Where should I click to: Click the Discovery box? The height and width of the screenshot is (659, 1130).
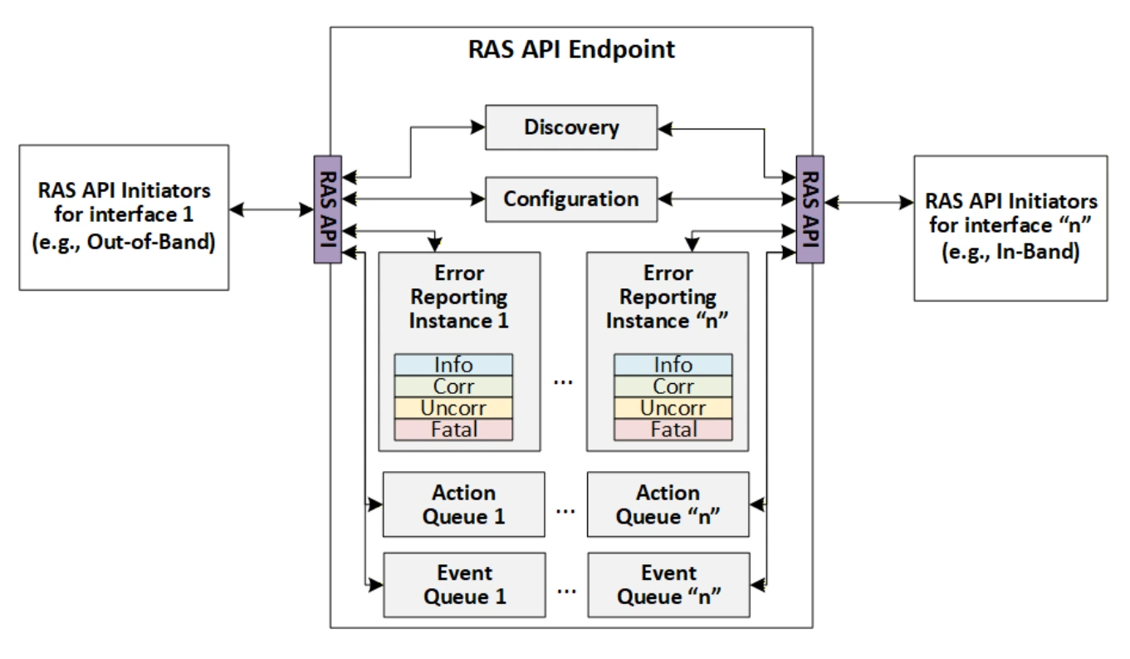(x=571, y=127)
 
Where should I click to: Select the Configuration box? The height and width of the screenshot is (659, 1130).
(x=571, y=199)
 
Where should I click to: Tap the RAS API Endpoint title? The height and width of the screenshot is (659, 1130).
(x=571, y=50)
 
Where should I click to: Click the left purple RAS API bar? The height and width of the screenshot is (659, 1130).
(x=328, y=209)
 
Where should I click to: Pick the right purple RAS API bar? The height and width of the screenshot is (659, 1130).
(x=810, y=209)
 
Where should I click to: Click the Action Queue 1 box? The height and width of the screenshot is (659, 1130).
(x=463, y=504)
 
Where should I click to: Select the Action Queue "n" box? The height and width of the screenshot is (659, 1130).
(x=668, y=504)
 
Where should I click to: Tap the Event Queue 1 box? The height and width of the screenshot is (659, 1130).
(x=464, y=585)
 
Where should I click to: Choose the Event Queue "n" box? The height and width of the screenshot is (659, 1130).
(x=668, y=585)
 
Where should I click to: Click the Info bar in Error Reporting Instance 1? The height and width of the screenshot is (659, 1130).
(x=453, y=365)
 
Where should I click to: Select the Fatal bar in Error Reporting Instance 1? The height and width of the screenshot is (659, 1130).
(x=453, y=430)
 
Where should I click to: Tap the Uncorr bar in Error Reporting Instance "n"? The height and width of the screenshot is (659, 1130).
(x=673, y=408)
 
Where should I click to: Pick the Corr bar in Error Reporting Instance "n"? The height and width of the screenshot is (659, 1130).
(x=673, y=386)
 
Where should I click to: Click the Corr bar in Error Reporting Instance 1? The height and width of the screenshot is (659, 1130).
(x=453, y=386)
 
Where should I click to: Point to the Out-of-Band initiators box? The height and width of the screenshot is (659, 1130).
(x=124, y=218)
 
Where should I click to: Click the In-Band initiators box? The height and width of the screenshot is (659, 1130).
(x=1011, y=229)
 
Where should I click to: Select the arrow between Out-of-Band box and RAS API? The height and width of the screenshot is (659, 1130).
(x=271, y=209)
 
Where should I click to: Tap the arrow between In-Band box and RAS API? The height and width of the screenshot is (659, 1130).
(x=869, y=203)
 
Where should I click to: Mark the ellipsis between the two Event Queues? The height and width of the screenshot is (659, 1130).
(x=566, y=592)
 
